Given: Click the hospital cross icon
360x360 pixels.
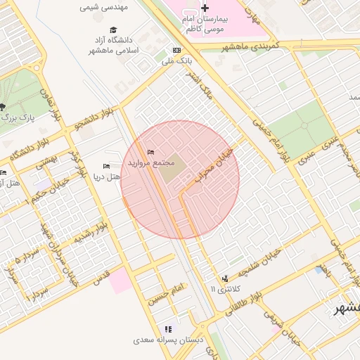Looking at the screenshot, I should pos(205,8).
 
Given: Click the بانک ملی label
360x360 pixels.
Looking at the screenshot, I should pos(177,61).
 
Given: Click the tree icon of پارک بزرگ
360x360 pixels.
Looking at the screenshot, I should pos(3,108).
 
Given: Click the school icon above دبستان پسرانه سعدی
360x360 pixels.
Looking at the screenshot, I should pos(167,328).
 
